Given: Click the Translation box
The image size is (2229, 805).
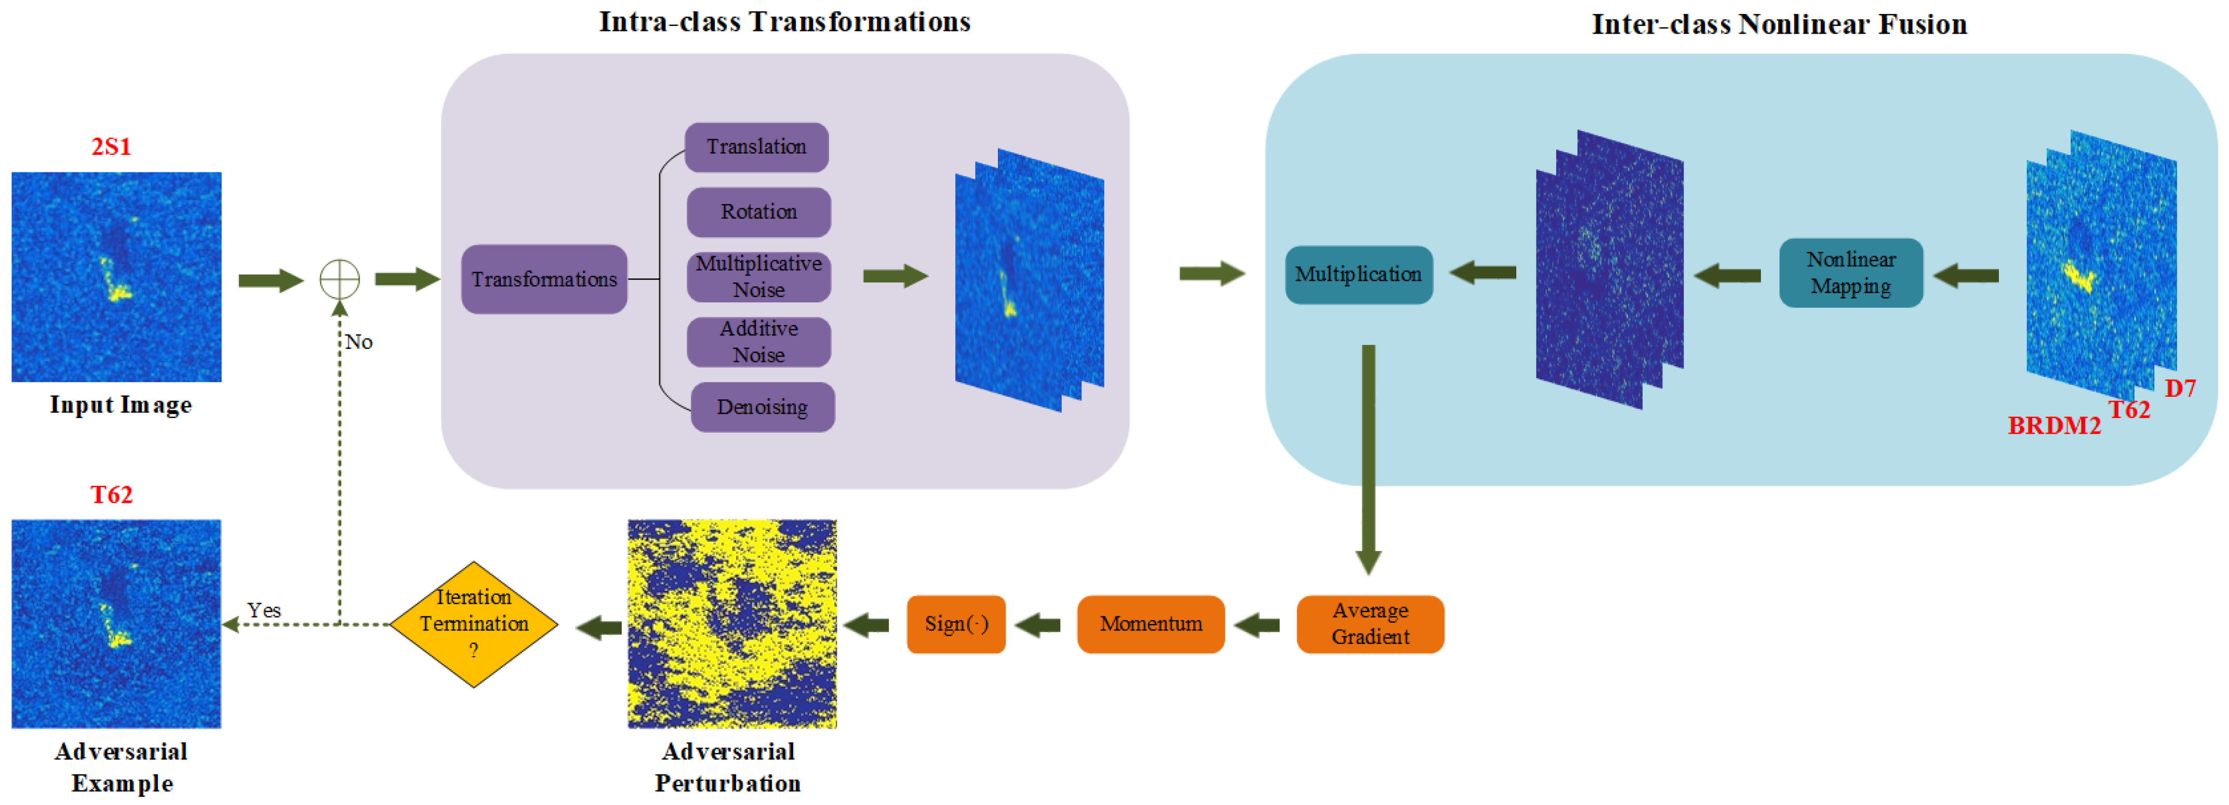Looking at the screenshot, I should pyautogui.click(x=756, y=147).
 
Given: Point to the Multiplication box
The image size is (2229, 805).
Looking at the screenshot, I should pyautogui.click(x=1358, y=275).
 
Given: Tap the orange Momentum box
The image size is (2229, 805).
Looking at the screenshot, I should pyautogui.click(x=1150, y=623).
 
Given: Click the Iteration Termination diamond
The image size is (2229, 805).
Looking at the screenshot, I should pyautogui.click(x=473, y=623).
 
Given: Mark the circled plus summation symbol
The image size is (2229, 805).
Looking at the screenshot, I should pyautogui.click(x=339, y=279).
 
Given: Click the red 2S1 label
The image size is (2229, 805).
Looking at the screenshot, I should pyautogui.click(x=112, y=147).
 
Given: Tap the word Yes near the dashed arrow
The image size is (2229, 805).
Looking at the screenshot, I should pyautogui.click(x=264, y=610).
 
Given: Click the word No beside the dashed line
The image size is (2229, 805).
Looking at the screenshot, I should pyautogui.click(x=358, y=342).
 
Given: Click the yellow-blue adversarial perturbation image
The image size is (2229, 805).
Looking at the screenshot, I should pyautogui.click(x=731, y=623).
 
